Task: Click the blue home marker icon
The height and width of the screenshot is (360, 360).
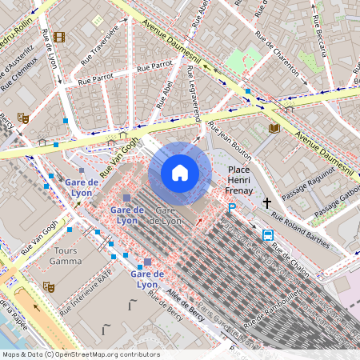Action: [179, 173]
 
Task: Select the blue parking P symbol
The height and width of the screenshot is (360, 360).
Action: [232, 208]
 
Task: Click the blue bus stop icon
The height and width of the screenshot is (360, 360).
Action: [267, 235]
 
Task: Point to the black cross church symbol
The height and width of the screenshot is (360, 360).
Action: [267, 203]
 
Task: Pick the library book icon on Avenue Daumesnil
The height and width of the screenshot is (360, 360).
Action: [274, 127]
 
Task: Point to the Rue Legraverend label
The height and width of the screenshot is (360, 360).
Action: [194, 95]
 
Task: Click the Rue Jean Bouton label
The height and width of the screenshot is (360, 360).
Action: [230, 140]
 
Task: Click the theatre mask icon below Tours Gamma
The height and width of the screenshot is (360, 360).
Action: [48, 285]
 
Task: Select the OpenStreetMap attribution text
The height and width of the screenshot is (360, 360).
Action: [81, 354]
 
